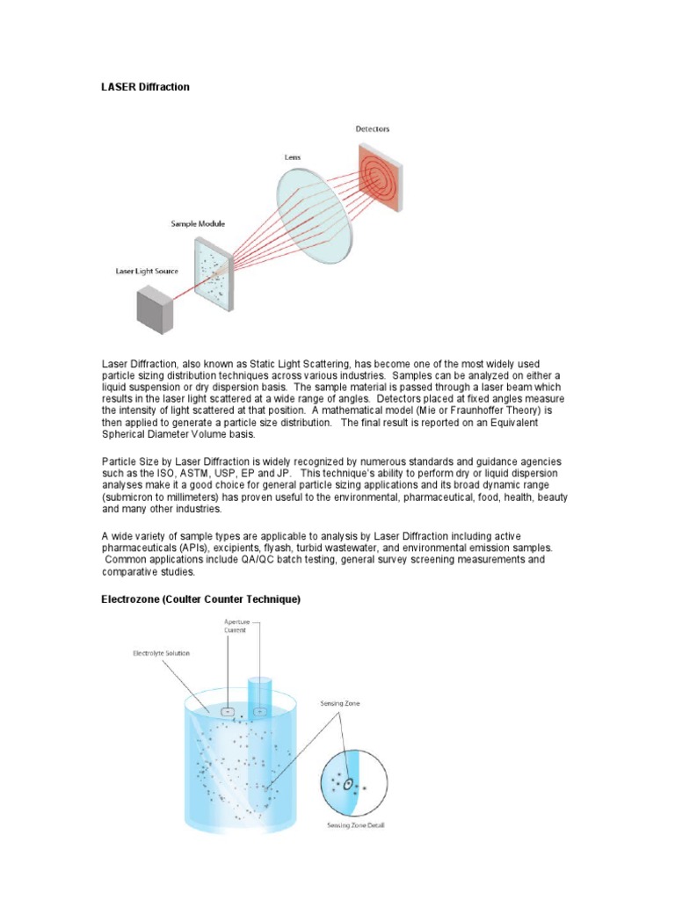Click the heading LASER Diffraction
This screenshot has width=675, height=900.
[146, 87]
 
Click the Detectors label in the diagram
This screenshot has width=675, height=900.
[373, 129]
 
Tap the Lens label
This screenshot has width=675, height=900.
[292, 157]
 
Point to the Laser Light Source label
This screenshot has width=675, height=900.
[147, 271]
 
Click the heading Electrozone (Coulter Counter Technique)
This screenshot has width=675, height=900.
[201, 599]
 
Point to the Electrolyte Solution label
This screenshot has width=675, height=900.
[161, 654]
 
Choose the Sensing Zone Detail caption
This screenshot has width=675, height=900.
[356, 825]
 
